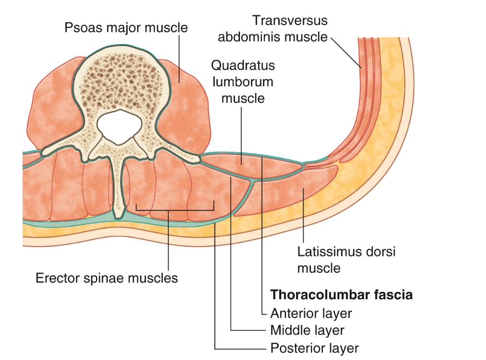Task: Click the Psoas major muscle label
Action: (x=126, y=28)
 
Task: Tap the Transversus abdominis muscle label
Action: (x=273, y=28)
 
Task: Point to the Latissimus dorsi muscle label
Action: (x=346, y=259)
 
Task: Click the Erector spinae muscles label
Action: (x=107, y=278)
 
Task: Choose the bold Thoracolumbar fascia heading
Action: (x=341, y=294)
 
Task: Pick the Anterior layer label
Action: (x=311, y=314)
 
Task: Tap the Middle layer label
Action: (x=307, y=330)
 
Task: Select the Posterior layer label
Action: (x=314, y=348)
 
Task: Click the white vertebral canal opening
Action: (x=119, y=126)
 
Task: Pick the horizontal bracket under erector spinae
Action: (x=175, y=210)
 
